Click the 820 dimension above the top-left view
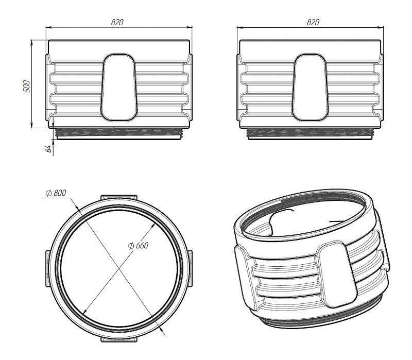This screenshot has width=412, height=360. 117,22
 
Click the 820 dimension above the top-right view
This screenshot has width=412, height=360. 313,22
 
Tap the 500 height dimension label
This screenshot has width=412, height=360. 27,86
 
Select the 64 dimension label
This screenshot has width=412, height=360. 48,148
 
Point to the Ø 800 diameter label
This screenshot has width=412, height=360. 56,193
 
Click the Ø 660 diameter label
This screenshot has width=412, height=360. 138,246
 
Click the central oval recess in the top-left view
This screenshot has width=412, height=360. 119,87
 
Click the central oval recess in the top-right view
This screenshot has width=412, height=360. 310,87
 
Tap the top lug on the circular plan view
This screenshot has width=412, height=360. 119,198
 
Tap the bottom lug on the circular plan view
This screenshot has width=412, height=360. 119,339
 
